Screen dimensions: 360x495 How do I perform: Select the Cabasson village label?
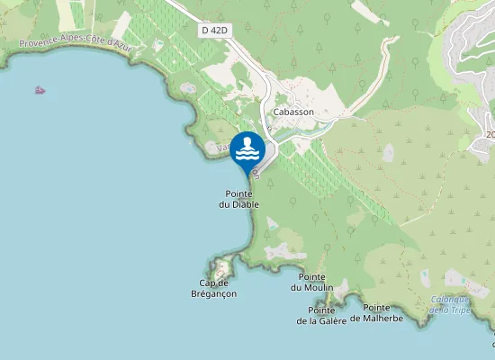(294, 112)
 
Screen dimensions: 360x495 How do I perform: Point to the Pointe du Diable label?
(238, 199)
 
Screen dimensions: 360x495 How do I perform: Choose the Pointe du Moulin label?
(311, 282)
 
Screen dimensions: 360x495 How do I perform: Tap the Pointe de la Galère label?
(322, 315)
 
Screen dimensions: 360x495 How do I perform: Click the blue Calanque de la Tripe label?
(450, 305)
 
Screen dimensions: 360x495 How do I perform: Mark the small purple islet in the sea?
(40, 89)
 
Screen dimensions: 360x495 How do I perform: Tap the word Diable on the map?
(245, 204)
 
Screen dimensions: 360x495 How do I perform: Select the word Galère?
(331, 320)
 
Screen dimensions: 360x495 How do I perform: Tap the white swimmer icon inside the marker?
(247, 149)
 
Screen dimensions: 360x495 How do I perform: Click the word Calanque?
(449, 300)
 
